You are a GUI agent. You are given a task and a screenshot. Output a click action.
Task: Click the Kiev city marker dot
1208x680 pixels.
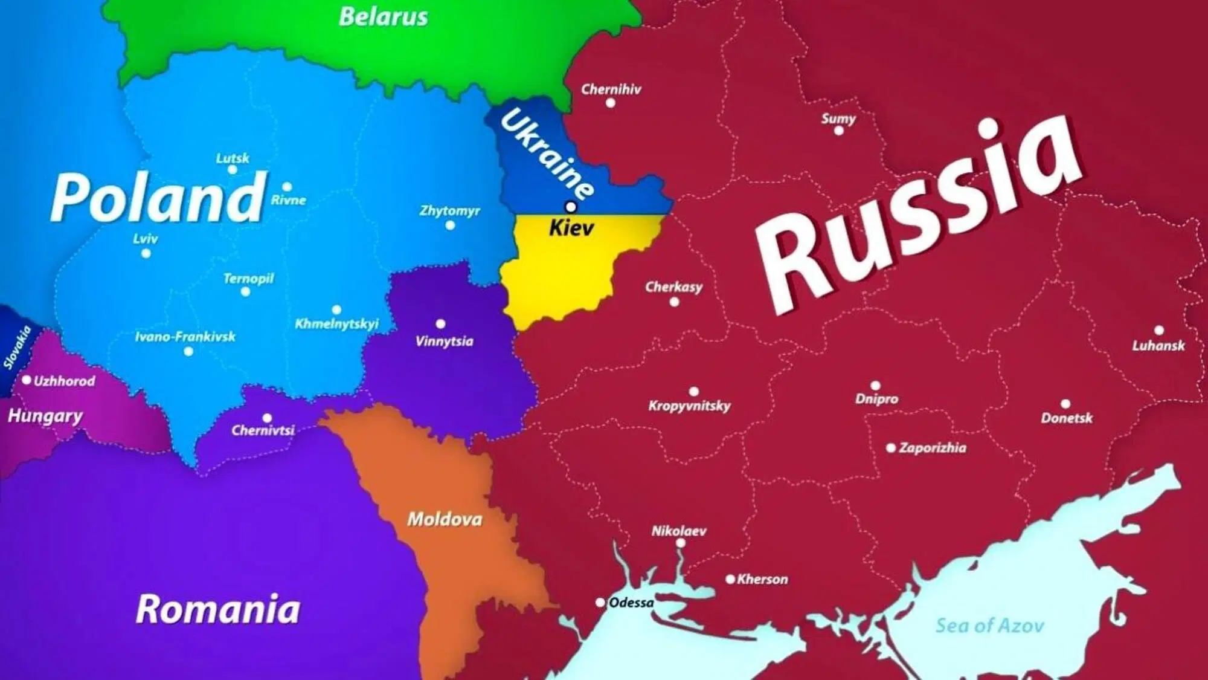click(x=570, y=207)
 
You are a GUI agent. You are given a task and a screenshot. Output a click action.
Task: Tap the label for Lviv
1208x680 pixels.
click(x=146, y=239)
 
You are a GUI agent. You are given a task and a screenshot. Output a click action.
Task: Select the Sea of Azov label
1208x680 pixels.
click(x=989, y=626)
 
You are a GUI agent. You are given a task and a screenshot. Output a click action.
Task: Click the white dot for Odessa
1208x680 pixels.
click(x=600, y=603)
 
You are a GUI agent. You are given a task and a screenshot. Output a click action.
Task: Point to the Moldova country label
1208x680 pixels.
click(x=445, y=519)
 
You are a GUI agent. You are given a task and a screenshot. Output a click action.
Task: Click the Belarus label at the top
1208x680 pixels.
click(x=383, y=17)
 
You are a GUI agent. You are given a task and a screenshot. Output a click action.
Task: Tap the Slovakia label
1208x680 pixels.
click(x=17, y=348)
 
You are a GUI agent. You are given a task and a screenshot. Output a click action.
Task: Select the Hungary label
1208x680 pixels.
click(x=45, y=416)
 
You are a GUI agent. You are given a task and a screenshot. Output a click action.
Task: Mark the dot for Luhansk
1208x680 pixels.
click(x=1158, y=330)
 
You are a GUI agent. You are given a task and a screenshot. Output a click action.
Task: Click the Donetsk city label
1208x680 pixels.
click(x=1067, y=418)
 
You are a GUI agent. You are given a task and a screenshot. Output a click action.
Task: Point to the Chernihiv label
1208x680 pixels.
click(x=611, y=89)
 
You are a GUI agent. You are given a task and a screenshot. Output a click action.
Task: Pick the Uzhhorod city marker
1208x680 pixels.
click(x=27, y=380)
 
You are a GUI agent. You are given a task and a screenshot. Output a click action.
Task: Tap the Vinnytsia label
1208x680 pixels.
click(x=445, y=342)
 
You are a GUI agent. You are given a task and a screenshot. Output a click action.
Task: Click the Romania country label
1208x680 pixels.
click(x=218, y=609)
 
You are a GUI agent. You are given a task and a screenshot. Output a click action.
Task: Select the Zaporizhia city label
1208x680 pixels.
click(x=932, y=448)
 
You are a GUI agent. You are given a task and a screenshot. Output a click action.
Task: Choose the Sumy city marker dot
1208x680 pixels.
click(x=838, y=131)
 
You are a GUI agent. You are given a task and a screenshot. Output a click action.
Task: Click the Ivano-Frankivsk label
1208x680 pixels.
click(x=185, y=337)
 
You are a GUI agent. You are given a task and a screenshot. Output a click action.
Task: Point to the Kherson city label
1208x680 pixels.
click(x=762, y=579)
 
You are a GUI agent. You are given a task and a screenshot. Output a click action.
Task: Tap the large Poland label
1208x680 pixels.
click(x=158, y=197)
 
